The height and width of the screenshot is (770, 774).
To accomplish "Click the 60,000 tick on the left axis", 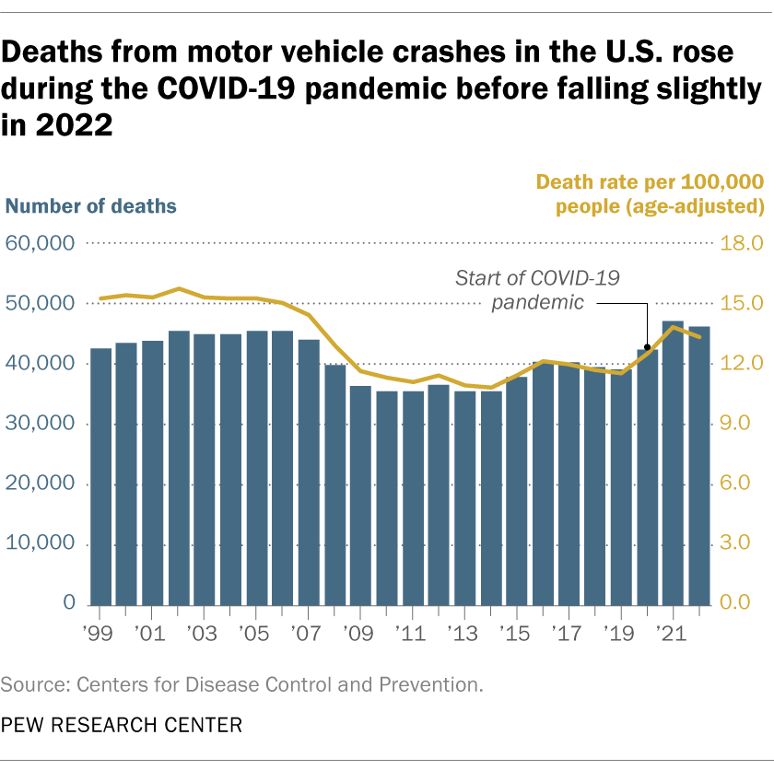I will pyautogui.click(x=41, y=243).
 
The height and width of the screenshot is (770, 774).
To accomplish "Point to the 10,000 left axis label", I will pyautogui.click(x=41, y=543).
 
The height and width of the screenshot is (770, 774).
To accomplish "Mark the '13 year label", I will pyautogui.click(x=463, y=634).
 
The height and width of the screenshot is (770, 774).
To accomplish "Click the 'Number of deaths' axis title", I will pyautogui.click(x=91, y=205).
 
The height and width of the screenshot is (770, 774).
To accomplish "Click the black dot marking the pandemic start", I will pyautogui.click(x=648, y=348).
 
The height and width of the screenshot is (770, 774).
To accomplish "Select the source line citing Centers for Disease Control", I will pyautogui.click(x=242, y=685).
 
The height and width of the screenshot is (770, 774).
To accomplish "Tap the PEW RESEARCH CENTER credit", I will pyautogui.click(x=122, y=725).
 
